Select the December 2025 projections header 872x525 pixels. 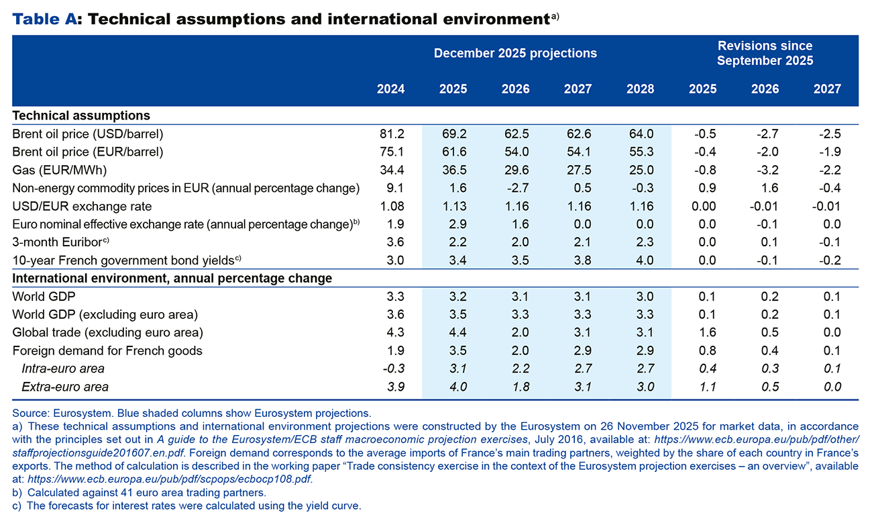click(515, 53)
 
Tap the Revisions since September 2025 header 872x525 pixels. click(765, 53)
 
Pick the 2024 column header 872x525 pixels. click(391, 89)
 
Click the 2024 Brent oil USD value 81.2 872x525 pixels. click(391, 134)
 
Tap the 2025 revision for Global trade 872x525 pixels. click(702, 332)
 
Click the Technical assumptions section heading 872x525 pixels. click(80, 115)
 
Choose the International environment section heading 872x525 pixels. click(172, 277)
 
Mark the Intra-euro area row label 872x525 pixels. click(63, 368)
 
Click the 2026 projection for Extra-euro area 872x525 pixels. click(515, 386)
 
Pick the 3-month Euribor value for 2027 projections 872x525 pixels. click(578, 242)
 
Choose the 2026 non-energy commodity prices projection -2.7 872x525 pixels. click(515, 188)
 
